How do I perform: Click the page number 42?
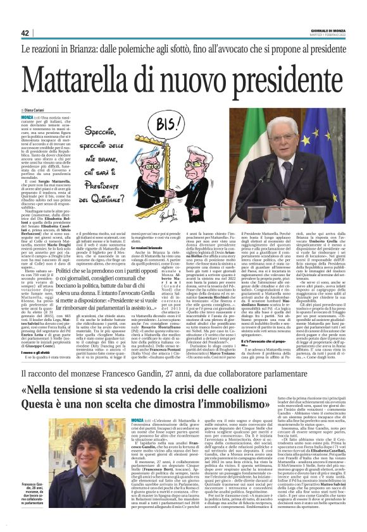pos(25,33)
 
